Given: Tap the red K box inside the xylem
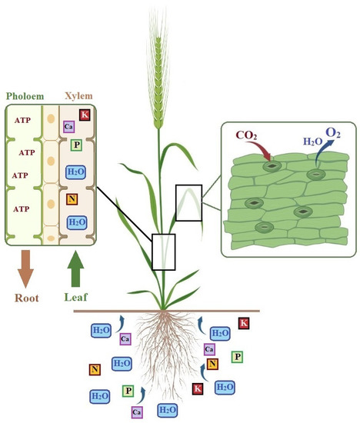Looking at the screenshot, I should point(85,115).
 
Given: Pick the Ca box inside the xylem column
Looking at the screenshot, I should point(68,126).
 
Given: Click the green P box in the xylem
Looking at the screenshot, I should point(76,145).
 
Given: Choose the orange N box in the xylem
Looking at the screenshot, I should point(71,200).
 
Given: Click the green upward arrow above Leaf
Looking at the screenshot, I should point(76,268).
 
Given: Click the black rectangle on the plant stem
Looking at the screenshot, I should point(164,251).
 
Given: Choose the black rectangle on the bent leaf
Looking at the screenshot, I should point(188,202).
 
